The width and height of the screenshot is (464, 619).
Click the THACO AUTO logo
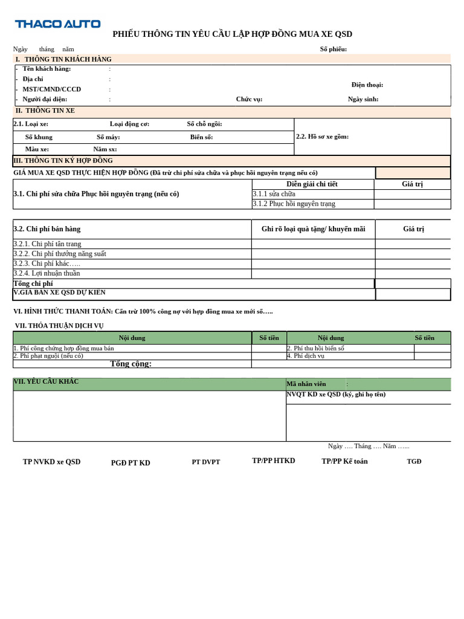[x=57, y=24]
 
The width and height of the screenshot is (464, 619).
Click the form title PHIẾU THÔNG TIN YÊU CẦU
[x=232, y=34]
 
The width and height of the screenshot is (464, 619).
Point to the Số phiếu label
[x=333, y=49]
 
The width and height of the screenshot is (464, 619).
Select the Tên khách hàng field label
[x=47, y=69]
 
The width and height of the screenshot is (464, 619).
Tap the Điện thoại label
[x=367, y=85]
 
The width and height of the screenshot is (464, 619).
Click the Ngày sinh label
[x=363, y=99]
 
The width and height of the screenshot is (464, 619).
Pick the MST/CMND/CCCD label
[x=51, y=89]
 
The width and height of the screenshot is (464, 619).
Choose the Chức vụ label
[x=249, y=99]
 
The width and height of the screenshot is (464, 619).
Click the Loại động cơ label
[x=129, y=124]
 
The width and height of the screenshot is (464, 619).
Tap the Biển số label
[x=201, y=137]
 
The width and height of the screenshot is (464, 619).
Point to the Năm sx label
[x=105, y=149]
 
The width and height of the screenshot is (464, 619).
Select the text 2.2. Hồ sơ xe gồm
[x=322, y=137]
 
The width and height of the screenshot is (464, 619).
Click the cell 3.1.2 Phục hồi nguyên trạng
[x=294, y=204]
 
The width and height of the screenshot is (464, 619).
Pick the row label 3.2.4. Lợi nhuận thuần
[x=47, y=273]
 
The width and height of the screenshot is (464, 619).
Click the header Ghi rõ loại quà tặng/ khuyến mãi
[x=313, y=229]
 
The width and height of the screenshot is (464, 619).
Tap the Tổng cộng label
[x=130, y=364]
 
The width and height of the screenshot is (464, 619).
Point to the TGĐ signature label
[x=414, y=462]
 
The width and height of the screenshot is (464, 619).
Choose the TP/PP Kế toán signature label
[x=344, y=461]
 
